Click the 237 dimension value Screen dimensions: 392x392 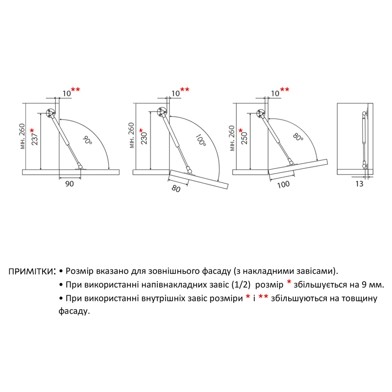pos(35,139)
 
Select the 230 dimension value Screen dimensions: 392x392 pos(144,138)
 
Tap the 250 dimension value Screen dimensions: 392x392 pos(244,138)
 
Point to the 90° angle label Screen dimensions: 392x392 pos(87,140)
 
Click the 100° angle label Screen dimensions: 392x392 pos(200,140)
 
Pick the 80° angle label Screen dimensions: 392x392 pos(298,137)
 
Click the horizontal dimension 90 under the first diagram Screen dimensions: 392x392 pos(70,184)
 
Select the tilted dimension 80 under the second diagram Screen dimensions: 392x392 pos(176,189)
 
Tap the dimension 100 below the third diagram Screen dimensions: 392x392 pos(283,185)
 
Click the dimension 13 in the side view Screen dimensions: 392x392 pos(359,184)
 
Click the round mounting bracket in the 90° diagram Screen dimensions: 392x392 pos(51,113)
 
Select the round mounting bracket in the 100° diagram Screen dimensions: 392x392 pos(162,112)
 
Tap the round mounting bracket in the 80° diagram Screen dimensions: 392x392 pos(261,114)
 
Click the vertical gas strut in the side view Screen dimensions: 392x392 pos(364,140)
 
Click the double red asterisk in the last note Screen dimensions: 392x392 pos(263,297)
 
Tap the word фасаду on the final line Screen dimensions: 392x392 pos(74,312)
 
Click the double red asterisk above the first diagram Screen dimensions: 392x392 pos(75,90)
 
